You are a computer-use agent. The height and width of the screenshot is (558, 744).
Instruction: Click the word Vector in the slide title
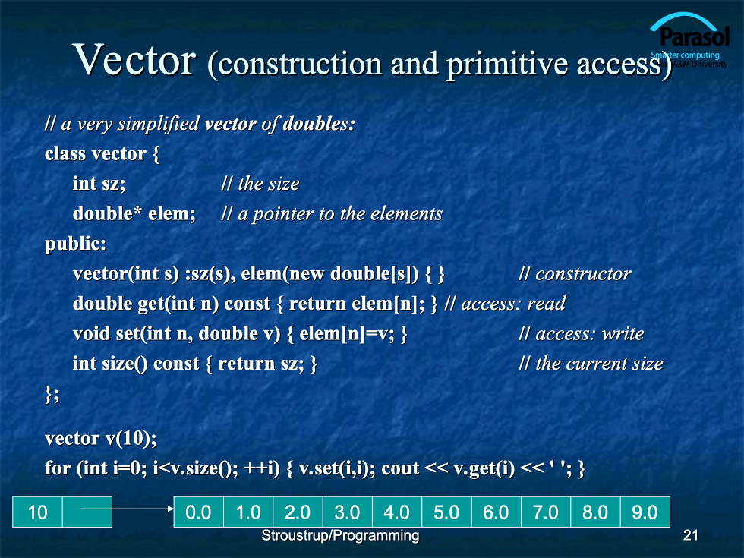pos(134,60)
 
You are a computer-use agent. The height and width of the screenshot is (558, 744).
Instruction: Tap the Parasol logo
pos(689,41)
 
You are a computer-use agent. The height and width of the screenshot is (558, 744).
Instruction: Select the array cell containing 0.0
pos(198,512)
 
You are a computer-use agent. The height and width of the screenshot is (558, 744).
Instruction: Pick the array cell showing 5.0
pos(446,512)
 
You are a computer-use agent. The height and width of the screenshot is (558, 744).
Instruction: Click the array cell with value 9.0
pos(645,512)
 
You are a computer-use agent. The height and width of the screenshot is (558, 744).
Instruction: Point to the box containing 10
pos(37,512)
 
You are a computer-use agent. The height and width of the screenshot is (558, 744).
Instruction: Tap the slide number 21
pos(690,535)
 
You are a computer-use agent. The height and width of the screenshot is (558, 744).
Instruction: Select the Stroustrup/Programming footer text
pos(340,536)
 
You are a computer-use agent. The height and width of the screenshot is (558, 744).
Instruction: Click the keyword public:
pos(75,244)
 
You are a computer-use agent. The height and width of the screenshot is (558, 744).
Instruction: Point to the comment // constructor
pos(575,274)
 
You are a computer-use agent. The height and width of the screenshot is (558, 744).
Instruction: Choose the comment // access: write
pos(582,333)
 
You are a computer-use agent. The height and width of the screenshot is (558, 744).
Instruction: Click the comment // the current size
pos(591,364)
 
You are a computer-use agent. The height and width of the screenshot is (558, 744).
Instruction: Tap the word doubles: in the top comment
pos(319,123)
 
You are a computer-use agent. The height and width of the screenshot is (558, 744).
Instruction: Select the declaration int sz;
pos(99,184)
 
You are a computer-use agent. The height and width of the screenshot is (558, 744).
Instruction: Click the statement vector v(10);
pos(100,438)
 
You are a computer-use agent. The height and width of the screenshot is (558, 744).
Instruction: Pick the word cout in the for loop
pos(401,468)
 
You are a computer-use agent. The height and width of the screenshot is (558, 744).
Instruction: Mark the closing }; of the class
pos(52,394)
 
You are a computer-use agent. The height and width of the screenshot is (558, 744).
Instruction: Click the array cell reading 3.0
pos(348,512)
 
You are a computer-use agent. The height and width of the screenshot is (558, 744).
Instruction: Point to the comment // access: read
pos(505,304)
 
